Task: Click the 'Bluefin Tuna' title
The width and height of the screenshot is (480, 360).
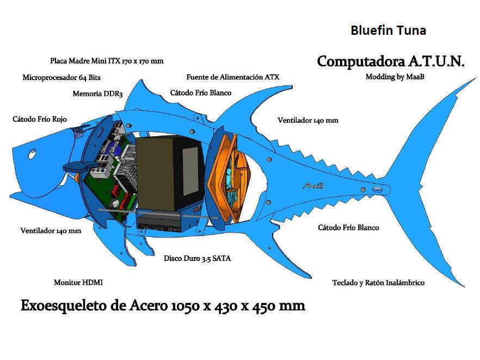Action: click(388, 30)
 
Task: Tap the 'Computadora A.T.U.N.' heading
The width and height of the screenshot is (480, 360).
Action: click(391, 61)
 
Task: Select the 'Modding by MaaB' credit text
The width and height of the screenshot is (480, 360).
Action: click(395, 77)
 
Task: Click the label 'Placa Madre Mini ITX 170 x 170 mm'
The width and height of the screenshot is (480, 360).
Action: click(107, 61)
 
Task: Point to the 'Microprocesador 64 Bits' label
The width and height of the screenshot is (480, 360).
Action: click(61, 77)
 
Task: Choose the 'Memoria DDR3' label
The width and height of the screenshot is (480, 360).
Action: click(97, 94)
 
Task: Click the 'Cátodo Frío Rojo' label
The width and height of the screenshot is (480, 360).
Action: click(40, 118)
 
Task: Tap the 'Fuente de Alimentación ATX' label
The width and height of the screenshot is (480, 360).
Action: click(232, 77)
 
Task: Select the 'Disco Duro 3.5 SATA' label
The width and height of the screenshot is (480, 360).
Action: click(197, 258)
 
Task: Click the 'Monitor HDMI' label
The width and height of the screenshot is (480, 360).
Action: click(78, 283)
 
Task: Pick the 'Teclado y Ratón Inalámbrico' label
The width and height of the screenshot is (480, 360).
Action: click(378, 283)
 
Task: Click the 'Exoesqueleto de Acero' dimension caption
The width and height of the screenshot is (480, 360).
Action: click(163, 306)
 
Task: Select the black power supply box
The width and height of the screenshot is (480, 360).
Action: click(169, 174)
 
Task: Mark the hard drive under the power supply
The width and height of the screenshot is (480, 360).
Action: click(158, 223)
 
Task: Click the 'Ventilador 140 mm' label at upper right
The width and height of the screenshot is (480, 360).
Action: click(307, 120)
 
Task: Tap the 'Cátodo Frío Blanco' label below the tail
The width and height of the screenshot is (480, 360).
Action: click(348, 228)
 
